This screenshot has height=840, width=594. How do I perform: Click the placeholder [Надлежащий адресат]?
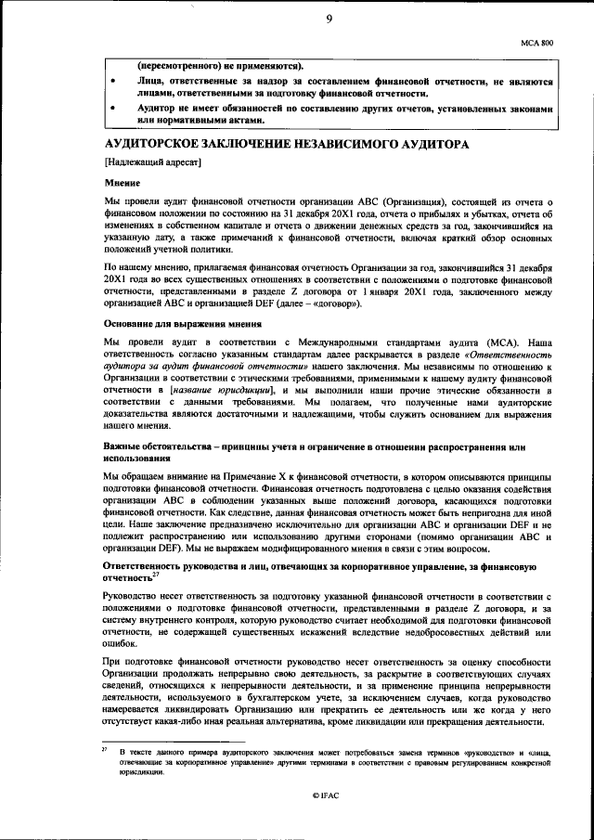(x=153, y=163)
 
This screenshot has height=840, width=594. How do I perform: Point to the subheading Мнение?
(x=121, y=183)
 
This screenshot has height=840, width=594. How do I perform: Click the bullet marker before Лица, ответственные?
(x=112, y=83)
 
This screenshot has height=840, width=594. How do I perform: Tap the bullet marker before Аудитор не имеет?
(x=112, y=110)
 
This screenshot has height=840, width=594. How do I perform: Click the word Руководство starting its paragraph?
(x=136, y=594)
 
